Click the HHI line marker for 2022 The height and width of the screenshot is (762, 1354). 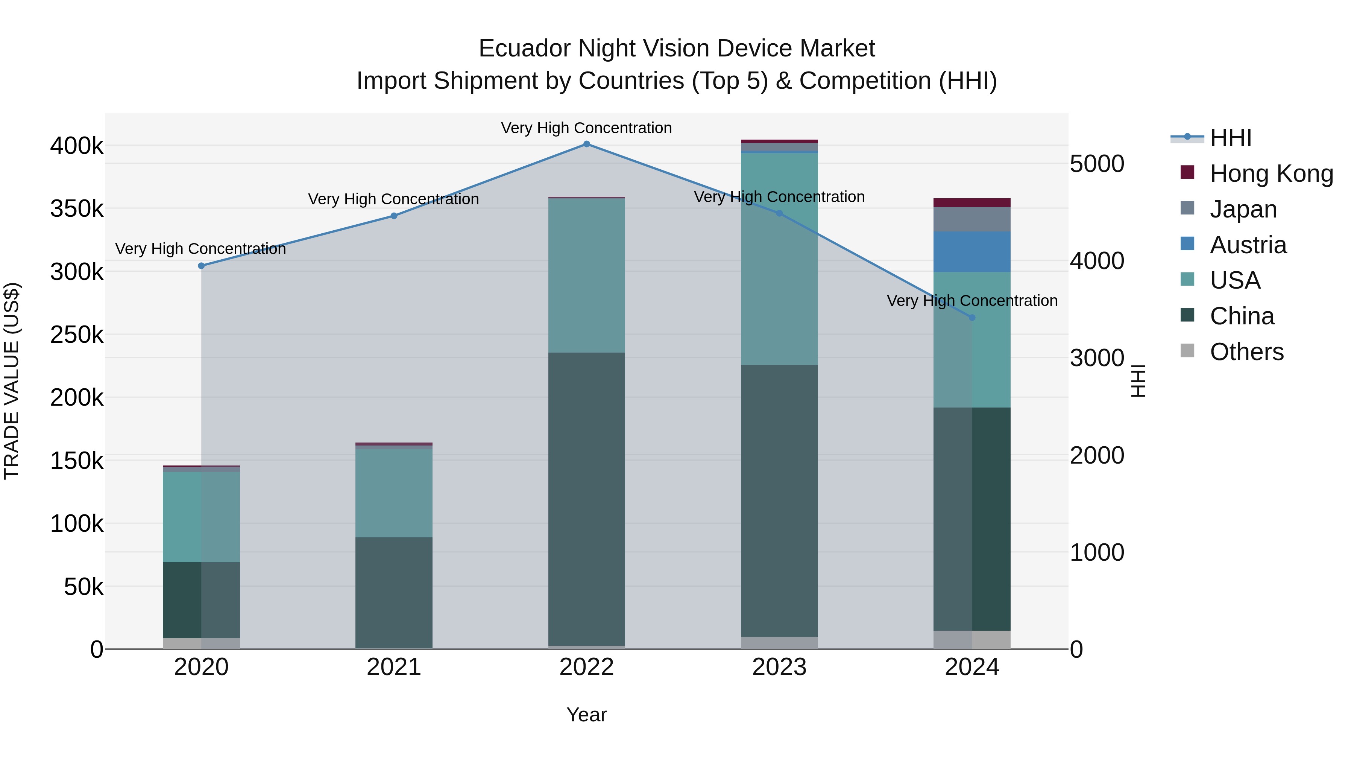(587, 144)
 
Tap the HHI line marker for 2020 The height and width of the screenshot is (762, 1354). (201, 266)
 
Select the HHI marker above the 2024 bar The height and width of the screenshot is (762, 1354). (972, 318)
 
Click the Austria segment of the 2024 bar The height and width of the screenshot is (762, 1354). (972, 251)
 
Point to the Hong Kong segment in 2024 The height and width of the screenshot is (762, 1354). (972, 202)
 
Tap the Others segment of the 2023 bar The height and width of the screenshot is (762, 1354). (780, 643)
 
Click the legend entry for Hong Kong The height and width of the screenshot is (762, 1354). (1271, 173)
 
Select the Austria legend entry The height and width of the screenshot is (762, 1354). (1248, 245)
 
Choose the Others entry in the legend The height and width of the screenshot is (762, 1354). (1246, 352)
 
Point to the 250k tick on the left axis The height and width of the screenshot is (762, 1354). (77, 335)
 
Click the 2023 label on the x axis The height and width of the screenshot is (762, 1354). (780, 667)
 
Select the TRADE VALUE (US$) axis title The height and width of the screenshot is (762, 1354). (12, 381)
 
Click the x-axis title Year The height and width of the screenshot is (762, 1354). (587, 715)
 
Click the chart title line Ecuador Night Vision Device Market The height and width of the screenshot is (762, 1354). (677, 49)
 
